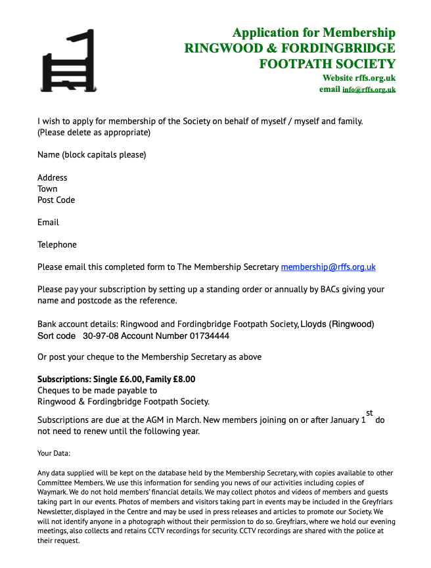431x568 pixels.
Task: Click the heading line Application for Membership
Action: [314, 33]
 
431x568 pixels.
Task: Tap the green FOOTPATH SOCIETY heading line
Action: [327, 64]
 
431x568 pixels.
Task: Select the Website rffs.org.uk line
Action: [359, 78]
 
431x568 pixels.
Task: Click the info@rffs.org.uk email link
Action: [369, 89]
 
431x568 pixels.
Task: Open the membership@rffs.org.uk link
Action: [328, 267]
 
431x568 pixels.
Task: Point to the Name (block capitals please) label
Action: [91, 155]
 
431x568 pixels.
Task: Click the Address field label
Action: [53, 177]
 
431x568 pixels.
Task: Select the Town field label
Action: [47, 188]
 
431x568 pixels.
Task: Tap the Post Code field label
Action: [57, 200]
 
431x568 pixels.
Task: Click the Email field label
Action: [48, 222]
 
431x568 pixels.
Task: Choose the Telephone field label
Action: [57, 244]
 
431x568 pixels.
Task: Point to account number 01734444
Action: [210, 336]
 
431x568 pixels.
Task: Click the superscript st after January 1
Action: [369, 413]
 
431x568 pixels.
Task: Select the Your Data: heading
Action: [54, 453]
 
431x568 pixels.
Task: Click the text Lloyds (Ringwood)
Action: [337, 324]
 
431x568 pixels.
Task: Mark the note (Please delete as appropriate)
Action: [94, 133]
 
